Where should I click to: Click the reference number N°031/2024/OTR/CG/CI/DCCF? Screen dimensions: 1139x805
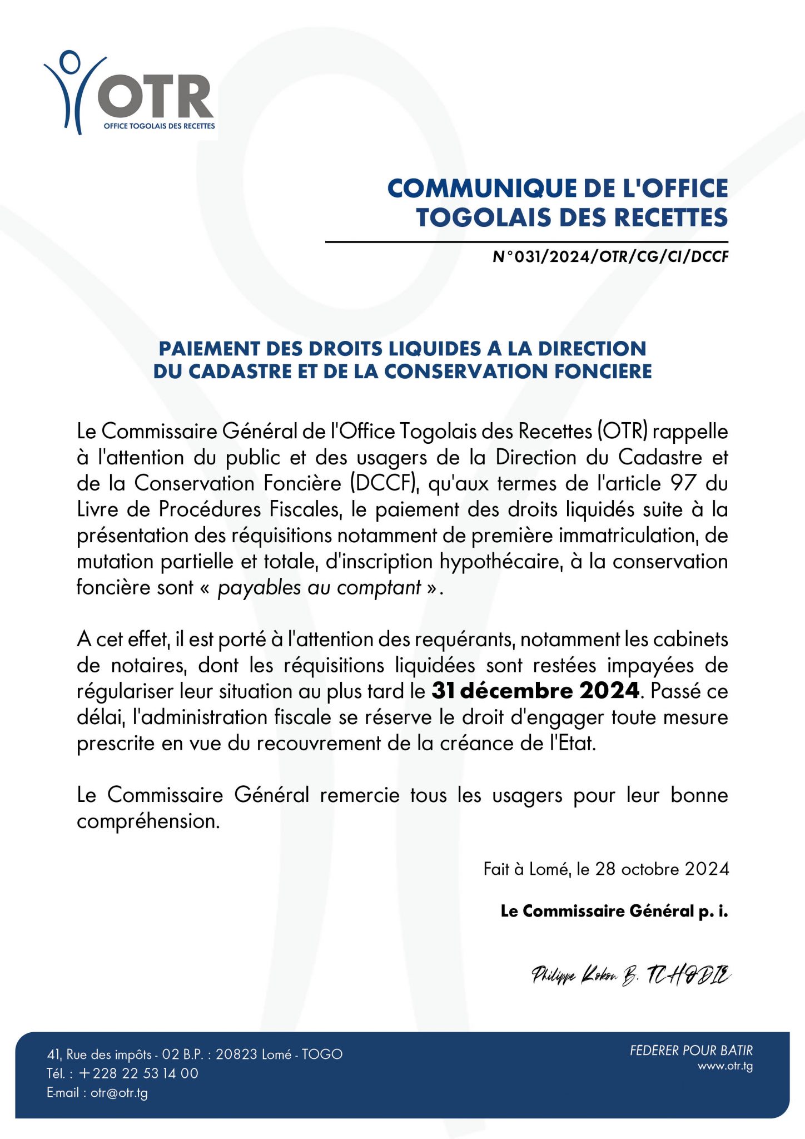(610, 257)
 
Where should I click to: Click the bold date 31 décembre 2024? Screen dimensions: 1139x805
(535, 691)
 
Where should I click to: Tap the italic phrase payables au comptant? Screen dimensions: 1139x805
(319, 588)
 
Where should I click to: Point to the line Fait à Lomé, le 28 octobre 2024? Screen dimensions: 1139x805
(606, 869)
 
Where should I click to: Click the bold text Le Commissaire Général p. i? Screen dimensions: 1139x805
(614, 911)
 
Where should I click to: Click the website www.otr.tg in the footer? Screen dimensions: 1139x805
(725, 1066)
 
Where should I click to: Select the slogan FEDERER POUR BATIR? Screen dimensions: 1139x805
(691, 1051)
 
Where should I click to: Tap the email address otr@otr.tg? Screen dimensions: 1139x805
(119, 1093)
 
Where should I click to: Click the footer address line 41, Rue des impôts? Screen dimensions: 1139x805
(195, 1054)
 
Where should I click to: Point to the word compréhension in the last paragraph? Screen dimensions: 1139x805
(148, 821)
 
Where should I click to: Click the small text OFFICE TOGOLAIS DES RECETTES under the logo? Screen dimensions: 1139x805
(159, 126)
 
